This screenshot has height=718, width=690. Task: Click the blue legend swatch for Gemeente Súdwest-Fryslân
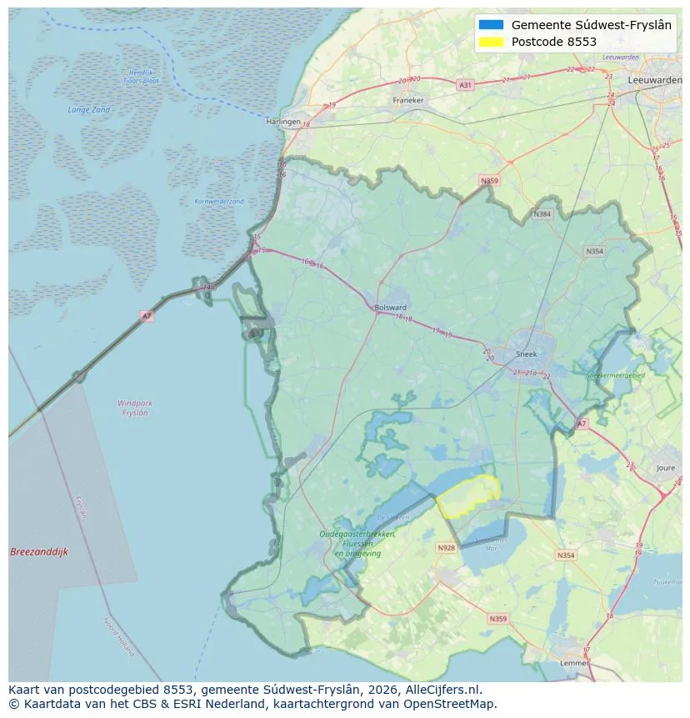[492, 25]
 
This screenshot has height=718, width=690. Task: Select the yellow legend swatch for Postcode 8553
[492, 42]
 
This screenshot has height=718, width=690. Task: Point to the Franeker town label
[408, 100]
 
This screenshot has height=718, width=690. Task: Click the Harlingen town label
[282, 122]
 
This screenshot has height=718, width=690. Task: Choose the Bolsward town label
[391, 307]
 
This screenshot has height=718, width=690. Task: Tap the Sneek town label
[527, 354]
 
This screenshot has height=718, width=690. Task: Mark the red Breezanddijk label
[39, 552]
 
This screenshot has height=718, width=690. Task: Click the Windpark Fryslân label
[134, 408]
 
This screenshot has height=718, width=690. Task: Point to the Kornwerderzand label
[219, 201]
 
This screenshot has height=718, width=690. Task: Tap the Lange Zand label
[88, 110]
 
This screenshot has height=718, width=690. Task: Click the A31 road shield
[465, 85]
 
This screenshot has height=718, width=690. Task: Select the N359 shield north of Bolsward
[488, 180]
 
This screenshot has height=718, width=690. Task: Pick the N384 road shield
[542, 214]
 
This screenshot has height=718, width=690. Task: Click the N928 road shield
[447, 548]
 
